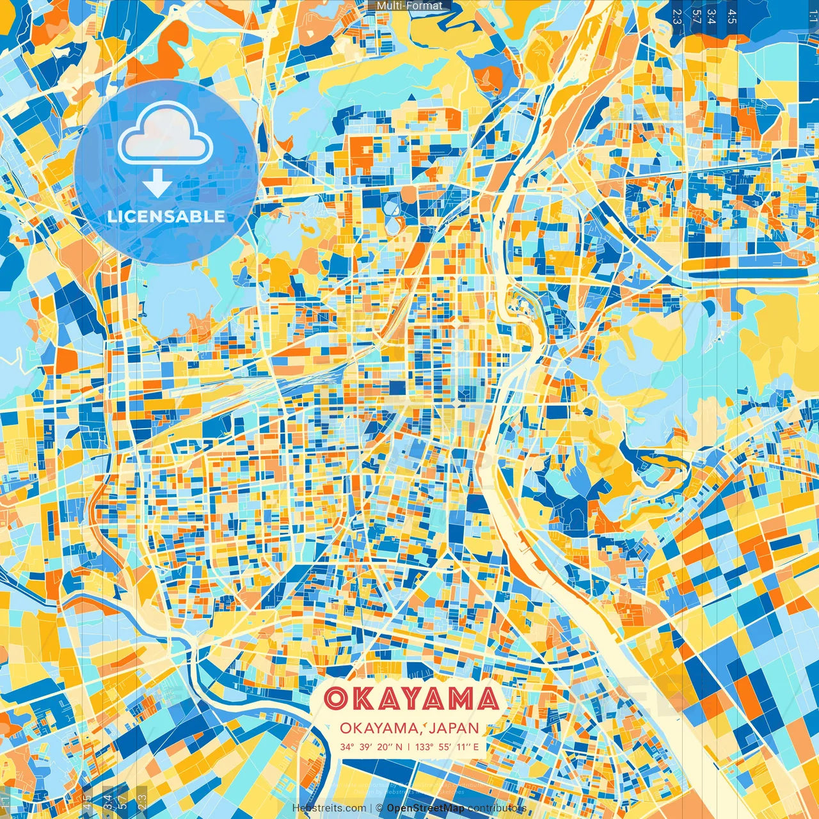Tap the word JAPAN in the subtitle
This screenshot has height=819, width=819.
[x=454, y=728]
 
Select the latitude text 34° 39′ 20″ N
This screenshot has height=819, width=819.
[x=371, y=747]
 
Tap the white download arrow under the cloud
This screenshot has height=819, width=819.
[x=157, y=185]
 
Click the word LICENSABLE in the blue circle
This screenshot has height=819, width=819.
[x=166, y=216]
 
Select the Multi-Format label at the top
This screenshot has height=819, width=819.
[x=409, y=6]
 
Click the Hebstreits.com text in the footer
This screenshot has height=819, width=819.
[x=330, y=808]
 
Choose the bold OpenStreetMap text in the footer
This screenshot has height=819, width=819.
[x=425, y=808]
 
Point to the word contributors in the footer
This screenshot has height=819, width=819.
[x=497, y=808]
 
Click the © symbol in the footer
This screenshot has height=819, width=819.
[x=379, y=808]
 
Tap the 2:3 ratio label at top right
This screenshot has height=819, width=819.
[x=676, y=17]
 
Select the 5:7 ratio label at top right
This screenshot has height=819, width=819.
[x=696, y=17]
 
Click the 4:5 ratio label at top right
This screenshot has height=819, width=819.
[x=732, y=17]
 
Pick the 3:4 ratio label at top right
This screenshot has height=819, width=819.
[x=712, y=17]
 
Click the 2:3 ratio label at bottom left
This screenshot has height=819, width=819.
[x=142, y=800]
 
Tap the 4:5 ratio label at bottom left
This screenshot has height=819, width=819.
[x=87, y=800]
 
